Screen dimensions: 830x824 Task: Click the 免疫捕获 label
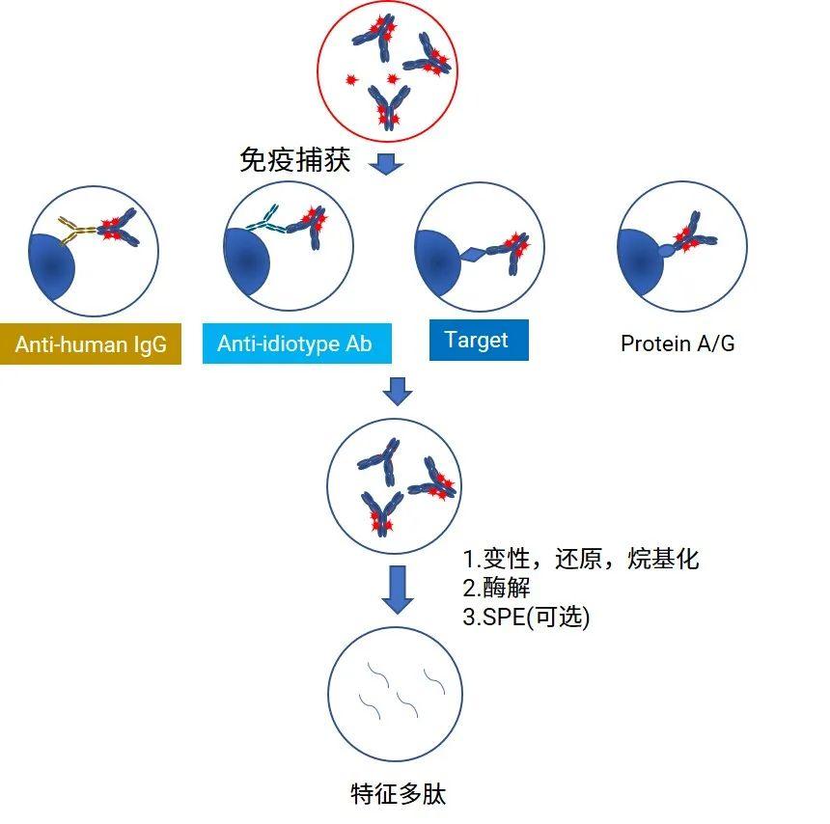tap(294, 159)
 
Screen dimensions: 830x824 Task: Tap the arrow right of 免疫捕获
tap(387, 163)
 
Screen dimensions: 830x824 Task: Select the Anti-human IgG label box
tap(91, 343)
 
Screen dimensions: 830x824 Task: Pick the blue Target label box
tap(478, 341)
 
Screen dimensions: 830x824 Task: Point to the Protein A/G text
tap(678, 343)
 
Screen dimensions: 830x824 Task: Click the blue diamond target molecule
tap(473, 255)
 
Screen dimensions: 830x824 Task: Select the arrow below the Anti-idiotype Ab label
tap(397, 392)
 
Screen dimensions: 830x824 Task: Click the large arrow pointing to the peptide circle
tap(397, 588)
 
